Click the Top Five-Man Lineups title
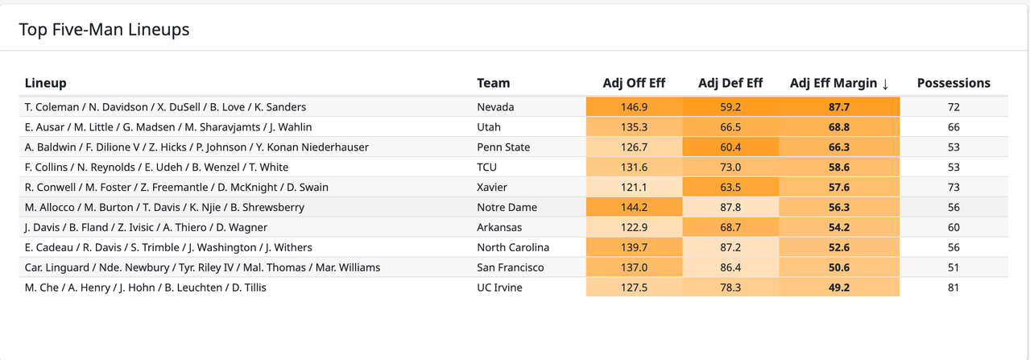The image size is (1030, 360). (x=104, y=30)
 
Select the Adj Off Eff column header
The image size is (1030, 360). (x=634, y=83)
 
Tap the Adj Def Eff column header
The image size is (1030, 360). (x=730, y=83)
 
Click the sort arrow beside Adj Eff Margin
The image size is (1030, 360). (x=885, y=84)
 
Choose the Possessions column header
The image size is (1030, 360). (x=953, y=83)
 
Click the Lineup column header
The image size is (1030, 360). (x=46, y=83)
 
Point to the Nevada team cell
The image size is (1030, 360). (x=495, y=107)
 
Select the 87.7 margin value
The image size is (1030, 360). (x=838, y=107)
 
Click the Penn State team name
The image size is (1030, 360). (x=503, y=147)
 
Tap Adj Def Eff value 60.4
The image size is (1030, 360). (x=730, y=147)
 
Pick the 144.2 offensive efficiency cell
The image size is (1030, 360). (x=634, y=207)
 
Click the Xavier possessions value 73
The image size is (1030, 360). (x=953, y=187)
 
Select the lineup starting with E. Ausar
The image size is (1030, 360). (x=168, y=127)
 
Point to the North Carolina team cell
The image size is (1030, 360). (x=513, y=247)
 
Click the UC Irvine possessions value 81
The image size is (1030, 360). (x=953, y=288)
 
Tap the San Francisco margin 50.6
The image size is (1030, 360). (x=838, y=267)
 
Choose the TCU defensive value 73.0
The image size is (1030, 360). (x=730, y=168)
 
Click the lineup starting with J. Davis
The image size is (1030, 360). (x=146, y=228)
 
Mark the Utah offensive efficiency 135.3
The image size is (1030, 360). (x=634, y=127)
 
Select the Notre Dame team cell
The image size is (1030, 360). (x=507, y=207)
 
